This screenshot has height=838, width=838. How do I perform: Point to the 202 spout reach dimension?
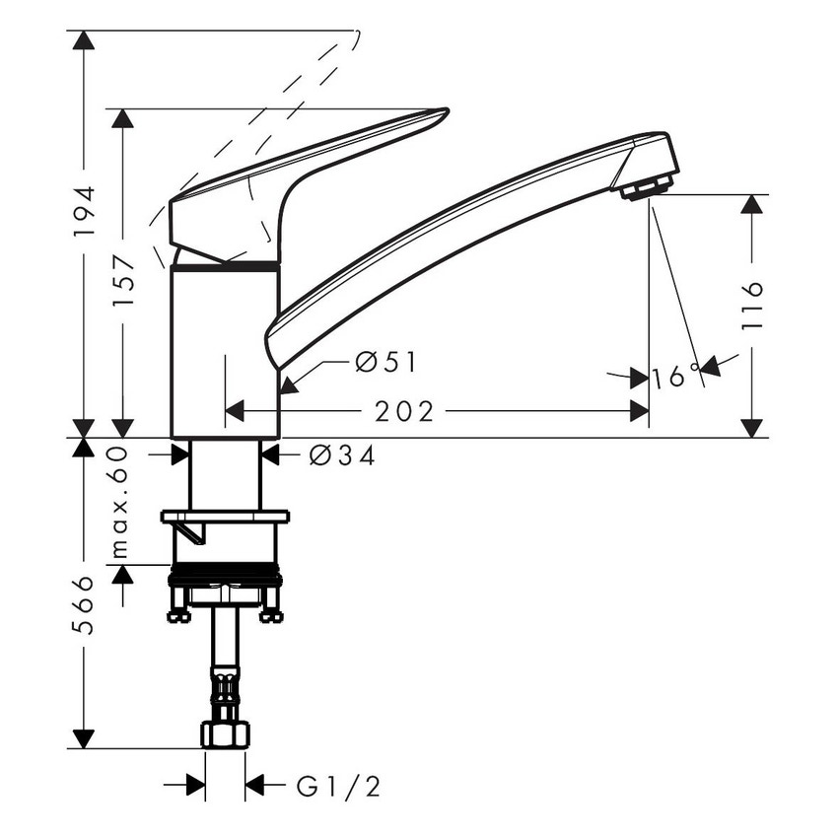[404, 412]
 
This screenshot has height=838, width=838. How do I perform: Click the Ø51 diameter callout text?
[385, 363]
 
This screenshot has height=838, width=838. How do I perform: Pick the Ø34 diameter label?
[341, 455]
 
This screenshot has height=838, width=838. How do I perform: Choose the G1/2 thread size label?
[338, 786]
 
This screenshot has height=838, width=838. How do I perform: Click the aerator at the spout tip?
[647, 185]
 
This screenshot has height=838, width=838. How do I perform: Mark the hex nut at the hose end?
[226, 734]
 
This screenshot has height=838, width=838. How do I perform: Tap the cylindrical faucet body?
[226, 350]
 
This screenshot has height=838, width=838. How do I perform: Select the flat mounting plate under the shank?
[226, 516]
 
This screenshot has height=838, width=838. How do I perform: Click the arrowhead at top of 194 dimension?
[86, 40]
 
